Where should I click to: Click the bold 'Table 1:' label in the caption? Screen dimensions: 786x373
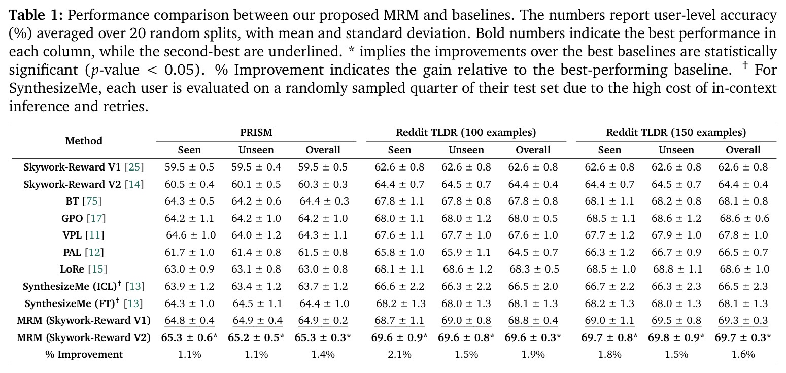(x=36, y=15)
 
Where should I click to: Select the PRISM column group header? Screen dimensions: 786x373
(x=256, y=132)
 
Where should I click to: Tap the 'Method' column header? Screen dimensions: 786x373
(x=84, y=141)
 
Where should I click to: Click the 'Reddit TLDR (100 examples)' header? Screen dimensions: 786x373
(x=466, y=132)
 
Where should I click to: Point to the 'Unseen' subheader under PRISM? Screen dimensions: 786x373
(x=256, y=150)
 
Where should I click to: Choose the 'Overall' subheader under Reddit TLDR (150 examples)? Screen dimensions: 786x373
(x=743, y=150)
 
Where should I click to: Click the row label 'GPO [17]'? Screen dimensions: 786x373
(x=84, y=218)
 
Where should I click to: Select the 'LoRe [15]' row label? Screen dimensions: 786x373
(x=84, y=269)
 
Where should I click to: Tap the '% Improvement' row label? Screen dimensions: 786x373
(x=84, y=354)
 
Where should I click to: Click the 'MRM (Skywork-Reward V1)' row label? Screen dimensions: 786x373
(x=84, y=320)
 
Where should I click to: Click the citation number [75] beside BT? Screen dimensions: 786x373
(x=92, y=201)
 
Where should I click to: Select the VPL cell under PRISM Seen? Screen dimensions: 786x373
(x=191, y=235)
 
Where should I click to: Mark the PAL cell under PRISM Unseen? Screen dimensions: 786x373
(x=256, y=252)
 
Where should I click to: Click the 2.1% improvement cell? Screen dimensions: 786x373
(x=399, y=354)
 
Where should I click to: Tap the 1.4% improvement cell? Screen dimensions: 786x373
(x=323, y=354)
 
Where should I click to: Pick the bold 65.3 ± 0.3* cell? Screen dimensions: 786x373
(x=323, y=337)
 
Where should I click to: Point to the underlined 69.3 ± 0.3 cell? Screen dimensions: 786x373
(x=743, y=320)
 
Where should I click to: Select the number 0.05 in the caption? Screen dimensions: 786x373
(x=179, y=70)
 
